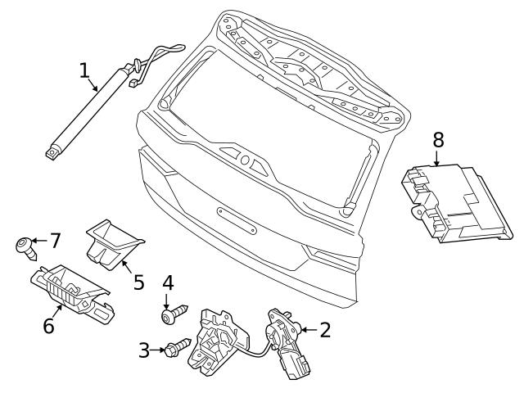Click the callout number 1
tap(85, 71)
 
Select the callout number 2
tap(325, 330)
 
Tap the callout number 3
tap(145, 350)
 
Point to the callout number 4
tap(167, 284)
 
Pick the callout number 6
tap(48, 326)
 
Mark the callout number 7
tap(55, 241)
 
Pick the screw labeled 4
tap(174, 313)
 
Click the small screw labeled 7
tap(24, 243)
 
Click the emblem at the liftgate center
tap(245, 159)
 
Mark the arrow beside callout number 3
tap(159, 350)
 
